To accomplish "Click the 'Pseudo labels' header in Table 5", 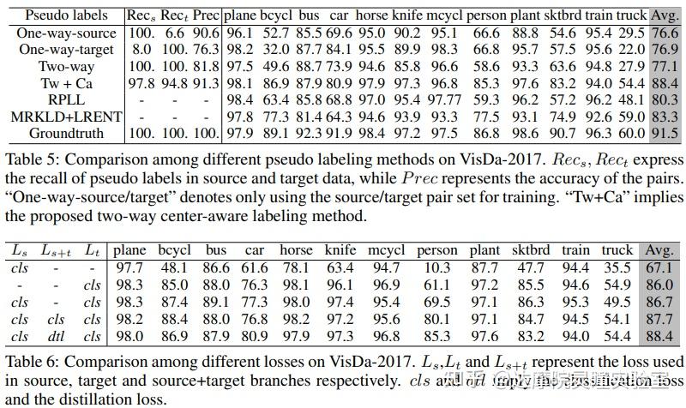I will [67, 15].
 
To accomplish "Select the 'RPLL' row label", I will [67, 100].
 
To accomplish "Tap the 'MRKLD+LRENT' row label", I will [67, 117].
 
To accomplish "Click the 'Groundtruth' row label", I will [67, 133].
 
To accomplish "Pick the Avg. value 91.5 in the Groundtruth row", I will [664, 133].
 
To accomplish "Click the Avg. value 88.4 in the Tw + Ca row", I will [664, 83].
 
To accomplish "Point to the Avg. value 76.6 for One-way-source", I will [664, 33].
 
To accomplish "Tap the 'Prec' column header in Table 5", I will [205, 15].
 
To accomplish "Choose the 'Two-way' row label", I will [67, 67].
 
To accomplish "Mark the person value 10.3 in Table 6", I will [437, 267].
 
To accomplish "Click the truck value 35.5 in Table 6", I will [617, 267].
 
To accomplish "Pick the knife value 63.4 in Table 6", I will [340, 267].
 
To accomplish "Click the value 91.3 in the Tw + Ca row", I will [205, 83].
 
